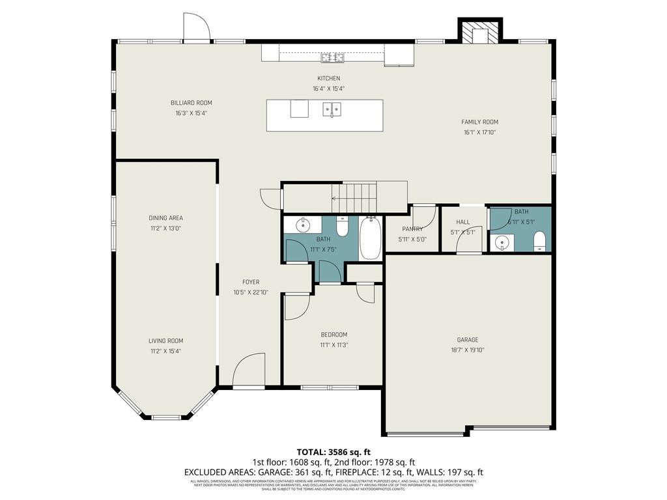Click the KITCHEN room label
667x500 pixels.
point(328,79)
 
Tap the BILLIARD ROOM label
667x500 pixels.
point(191,103)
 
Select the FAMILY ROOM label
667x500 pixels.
point(479,122)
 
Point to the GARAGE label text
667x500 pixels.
point(467,340)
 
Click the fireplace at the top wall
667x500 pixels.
point(481,33)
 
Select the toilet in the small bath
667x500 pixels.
point(539,242)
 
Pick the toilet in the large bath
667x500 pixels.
point(343,227)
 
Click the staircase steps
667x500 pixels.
point(360,193)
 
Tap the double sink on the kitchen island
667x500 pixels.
point(332,109)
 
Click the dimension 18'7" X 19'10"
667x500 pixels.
point(467,350)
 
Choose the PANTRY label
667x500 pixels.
point(412,229)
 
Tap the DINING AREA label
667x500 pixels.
point(165,218)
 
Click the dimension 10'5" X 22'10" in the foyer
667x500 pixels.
point(251,293)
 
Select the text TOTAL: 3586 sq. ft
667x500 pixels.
point(333,452)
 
